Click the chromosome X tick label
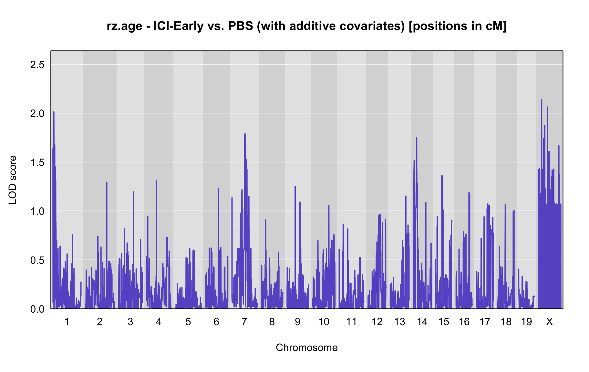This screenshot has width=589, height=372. [x=549, y=322]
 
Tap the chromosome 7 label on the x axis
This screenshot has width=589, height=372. [x=244, y=322]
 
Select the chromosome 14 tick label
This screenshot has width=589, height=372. [x=422, y=322]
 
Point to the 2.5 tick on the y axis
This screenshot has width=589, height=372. [x=37, y=65]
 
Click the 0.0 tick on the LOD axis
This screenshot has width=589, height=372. [x=37, y=309]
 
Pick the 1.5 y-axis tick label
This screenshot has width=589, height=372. [x=37, y=162]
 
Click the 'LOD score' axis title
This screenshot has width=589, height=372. [x=13, y=180]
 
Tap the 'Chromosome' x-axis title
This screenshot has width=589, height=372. [x=307, y=347]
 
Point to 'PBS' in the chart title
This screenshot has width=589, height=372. [x=241, y=26]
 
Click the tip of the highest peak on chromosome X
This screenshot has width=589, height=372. [x=542, y=99]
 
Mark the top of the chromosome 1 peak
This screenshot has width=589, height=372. [x=53, y=112]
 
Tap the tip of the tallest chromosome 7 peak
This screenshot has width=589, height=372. [x=245, y=133]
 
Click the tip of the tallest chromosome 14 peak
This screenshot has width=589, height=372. [x=417, y=138]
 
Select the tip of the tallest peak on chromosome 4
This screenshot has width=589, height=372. [x=157, y=181]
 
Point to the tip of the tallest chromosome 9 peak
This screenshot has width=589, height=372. [x=295, y=186]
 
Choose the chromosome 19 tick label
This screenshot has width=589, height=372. [x=526, y=322]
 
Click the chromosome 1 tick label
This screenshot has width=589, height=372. [x=67, y=322]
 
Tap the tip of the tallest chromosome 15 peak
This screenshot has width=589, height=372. [x=442, y=176]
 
